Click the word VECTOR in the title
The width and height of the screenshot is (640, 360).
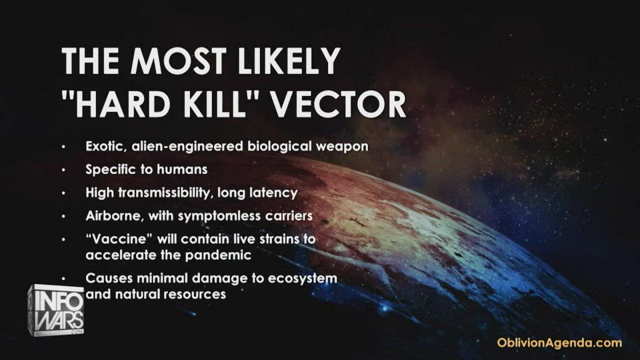tap(339, 104)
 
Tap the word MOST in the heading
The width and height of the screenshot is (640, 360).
tap(178, 61)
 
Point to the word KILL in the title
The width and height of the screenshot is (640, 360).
tap(214, 104)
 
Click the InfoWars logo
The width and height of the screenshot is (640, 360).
tap(56, 310)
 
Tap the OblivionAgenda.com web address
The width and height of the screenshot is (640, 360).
tap(559, 343)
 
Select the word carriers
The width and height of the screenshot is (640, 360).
tap(289, 216)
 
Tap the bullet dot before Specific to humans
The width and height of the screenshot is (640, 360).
tap(64, 169)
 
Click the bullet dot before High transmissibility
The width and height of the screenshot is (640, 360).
tap(64, 193)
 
